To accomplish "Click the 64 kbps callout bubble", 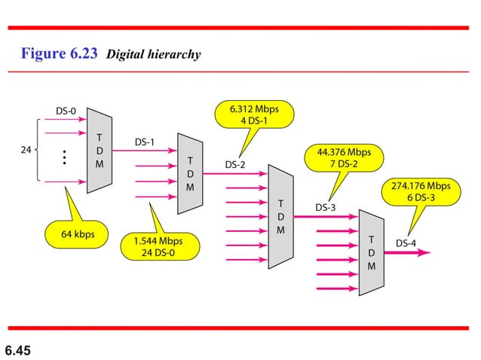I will click(x=78, y=234).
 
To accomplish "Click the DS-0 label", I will click(x=66, y=111).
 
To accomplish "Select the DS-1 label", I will click(x=146, y=142).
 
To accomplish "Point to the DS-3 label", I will click(x=326, y=207).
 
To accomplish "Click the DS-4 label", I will click(x=406, y=243).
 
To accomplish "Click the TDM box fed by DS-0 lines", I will click(x=100, y=151).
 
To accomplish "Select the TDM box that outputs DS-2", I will click(x=190, y=174).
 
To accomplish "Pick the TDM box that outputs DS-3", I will click(x=280, y=217).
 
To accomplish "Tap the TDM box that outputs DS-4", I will click(x=371, y=252).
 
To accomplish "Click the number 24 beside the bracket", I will click(x=25, y=150).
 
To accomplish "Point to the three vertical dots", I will click(x=66, y=157).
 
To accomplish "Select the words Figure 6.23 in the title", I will click(x=60, y=55).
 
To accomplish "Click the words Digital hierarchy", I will click(x=154, y=56).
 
